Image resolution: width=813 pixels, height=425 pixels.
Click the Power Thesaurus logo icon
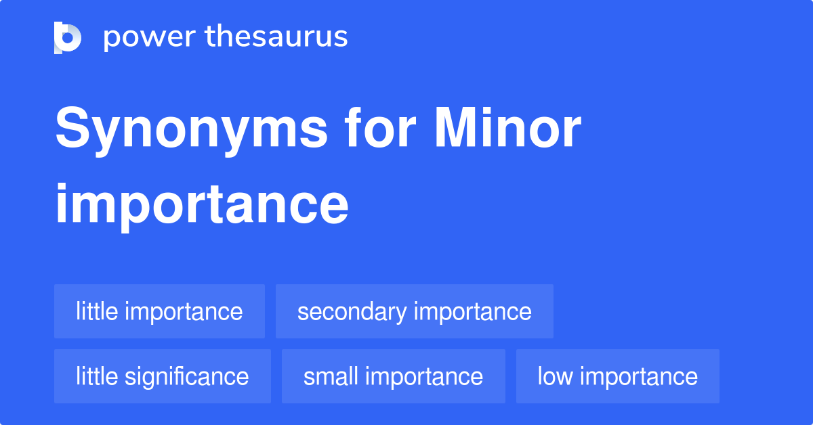pyautogui.click(x=68, y=37)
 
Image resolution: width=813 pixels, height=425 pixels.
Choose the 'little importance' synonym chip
pyautogui.click(x=159, y=311)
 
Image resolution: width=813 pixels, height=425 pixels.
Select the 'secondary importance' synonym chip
pyautogui.click(x=414, y=311)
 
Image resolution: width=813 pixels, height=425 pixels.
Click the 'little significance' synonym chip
pyautogui.click(x=162, y=376)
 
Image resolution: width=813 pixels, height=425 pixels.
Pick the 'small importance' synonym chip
pyautogui.click(x=393, y=376)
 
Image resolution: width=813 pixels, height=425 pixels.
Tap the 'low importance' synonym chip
pyautogui.click(x=617, y=376)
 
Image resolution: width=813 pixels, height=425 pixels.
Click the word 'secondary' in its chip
pyautogui.click(x=352, y=311)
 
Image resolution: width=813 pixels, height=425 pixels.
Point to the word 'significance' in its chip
pyautogui.click(x=188, y=376)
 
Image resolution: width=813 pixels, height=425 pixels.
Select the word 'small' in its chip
pyautogui.click(x=330, y=376)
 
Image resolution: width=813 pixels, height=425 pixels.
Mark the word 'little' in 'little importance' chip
pyautogui.click(x=96, y=311)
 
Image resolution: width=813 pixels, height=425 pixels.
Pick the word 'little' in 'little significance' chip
pyautogui.click(x=96, y=376)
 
